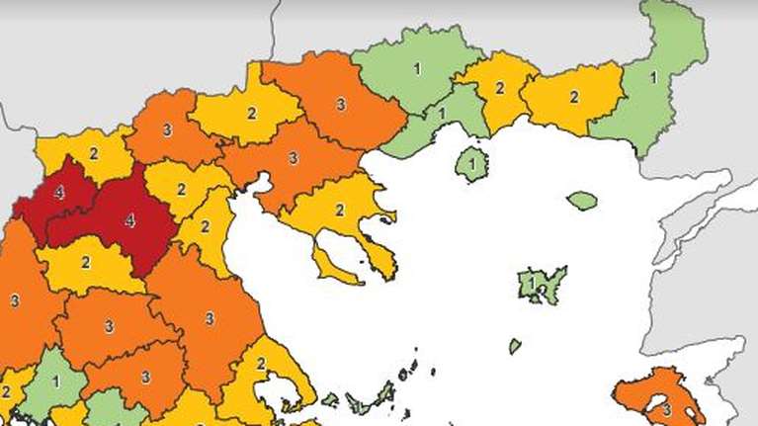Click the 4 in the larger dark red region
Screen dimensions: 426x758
[129, 222]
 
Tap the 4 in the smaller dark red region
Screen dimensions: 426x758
[59, 193]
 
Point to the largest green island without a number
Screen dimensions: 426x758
[582, 200]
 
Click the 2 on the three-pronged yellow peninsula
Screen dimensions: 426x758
[339, 211]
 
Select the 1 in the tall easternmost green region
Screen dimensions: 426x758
[653, 76]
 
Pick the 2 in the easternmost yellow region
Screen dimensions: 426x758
[573, 98]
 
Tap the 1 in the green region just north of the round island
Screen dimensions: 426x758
[441, 113]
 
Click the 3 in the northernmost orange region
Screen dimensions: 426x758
[341, 102]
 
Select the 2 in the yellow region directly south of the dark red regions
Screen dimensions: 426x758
[85, 262]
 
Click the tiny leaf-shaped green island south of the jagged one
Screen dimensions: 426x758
[515, 346]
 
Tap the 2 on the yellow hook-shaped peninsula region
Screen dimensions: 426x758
[261, 364]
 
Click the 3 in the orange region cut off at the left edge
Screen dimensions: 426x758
[14, 300]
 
